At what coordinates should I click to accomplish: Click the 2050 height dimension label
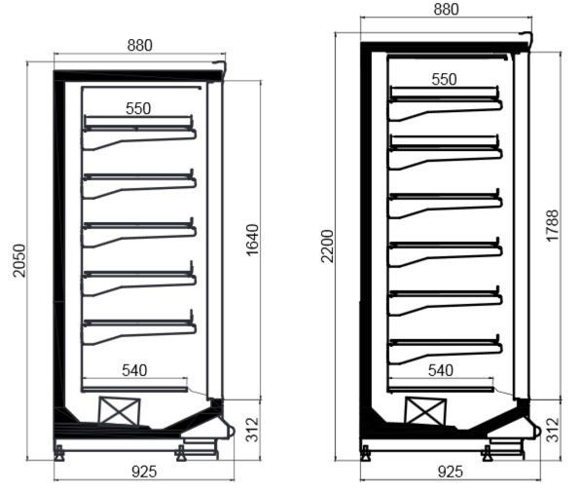(x=19, y=260)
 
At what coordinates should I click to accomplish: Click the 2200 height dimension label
(x=327, y=247)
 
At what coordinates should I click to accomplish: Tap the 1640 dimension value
(x=252, y=240)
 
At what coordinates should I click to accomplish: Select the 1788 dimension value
(x=552, y=226)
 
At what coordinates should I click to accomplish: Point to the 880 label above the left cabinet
(x=140, y=46)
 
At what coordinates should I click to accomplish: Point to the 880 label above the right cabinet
(x=446, y=10)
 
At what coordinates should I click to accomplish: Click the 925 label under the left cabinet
(x=144, y=472)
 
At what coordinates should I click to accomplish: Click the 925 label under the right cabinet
(x=451, y=472)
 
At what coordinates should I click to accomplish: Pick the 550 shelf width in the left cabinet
(x=138, y=108)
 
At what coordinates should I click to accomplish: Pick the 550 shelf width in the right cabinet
(x=445, y=79)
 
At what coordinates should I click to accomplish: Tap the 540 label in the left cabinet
(x=134, y=370)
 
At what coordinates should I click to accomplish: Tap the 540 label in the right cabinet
(x=441, y=370)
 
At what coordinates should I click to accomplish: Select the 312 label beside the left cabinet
(x=252, y=430)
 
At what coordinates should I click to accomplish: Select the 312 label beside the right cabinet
(x=552, y=430)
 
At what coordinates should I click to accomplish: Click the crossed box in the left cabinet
(x=119, y=411)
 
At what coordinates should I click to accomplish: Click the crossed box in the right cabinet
(x=425, y=411)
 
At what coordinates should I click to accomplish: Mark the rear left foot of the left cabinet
(x=59, y=453)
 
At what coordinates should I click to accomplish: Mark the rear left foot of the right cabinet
(x=366, y=453)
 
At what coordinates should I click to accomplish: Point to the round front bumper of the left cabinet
(x=232, y=432)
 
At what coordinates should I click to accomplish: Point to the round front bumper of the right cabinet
(x=538, y=432)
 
